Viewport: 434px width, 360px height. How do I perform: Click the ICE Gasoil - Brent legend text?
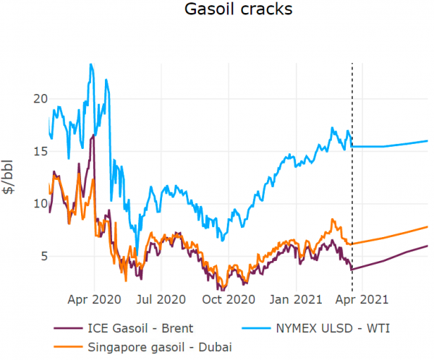[x=144, y=329]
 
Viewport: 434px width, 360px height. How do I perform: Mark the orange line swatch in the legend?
[x=69, y=347]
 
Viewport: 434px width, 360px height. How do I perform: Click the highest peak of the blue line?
[x=90, y=64]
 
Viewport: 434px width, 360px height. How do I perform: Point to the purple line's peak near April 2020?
[x=93, y=135]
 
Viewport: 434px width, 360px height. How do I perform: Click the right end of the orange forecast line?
[x=427, y=227]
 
